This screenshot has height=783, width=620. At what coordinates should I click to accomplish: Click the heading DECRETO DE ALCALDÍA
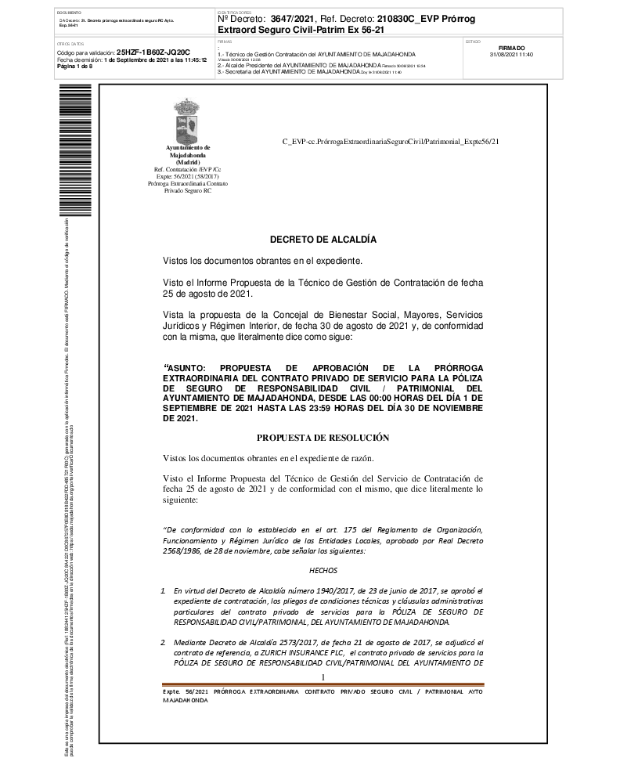(323, 239)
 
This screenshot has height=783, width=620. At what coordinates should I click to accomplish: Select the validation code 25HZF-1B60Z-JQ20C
(153, 52)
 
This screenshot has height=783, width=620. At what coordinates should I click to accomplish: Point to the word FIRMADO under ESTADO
(511, 48)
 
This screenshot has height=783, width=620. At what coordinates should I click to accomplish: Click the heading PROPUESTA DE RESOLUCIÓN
(323, 437)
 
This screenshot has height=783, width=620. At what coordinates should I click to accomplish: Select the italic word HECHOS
(323, 571)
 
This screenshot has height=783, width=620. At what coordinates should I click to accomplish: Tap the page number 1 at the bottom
(323, 677)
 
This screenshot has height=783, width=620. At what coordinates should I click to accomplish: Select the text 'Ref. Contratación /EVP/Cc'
(187, 169)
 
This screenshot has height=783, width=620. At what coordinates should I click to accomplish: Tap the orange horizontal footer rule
(323, 685)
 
